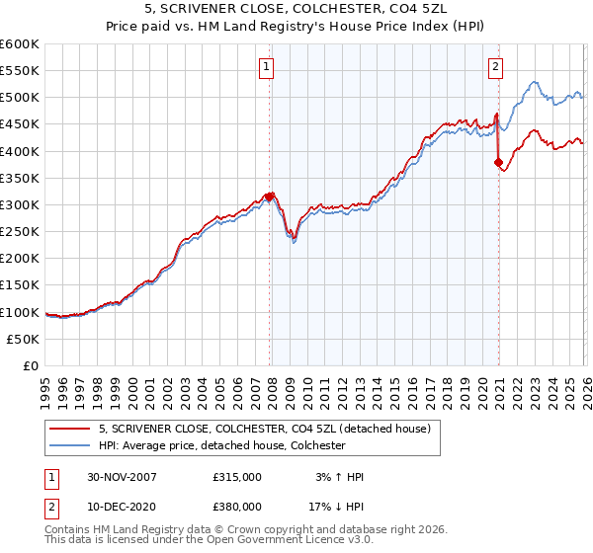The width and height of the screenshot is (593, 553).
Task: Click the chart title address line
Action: [x=296, y=11]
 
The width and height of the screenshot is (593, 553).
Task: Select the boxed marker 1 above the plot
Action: [x=268, y=67]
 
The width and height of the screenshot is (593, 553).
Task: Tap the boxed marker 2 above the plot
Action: [x=495, y=67]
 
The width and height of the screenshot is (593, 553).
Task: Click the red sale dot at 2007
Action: [x=270, y=197]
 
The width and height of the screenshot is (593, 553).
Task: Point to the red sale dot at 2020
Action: [x=499, y=162]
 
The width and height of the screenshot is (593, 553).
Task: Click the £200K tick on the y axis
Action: [x=20, y=258]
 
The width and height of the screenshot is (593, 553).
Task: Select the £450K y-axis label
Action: [x=20, y=124]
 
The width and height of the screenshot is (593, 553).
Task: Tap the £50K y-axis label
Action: [x=24, y=339]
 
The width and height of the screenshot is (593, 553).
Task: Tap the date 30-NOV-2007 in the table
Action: [x=122, y=477]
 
